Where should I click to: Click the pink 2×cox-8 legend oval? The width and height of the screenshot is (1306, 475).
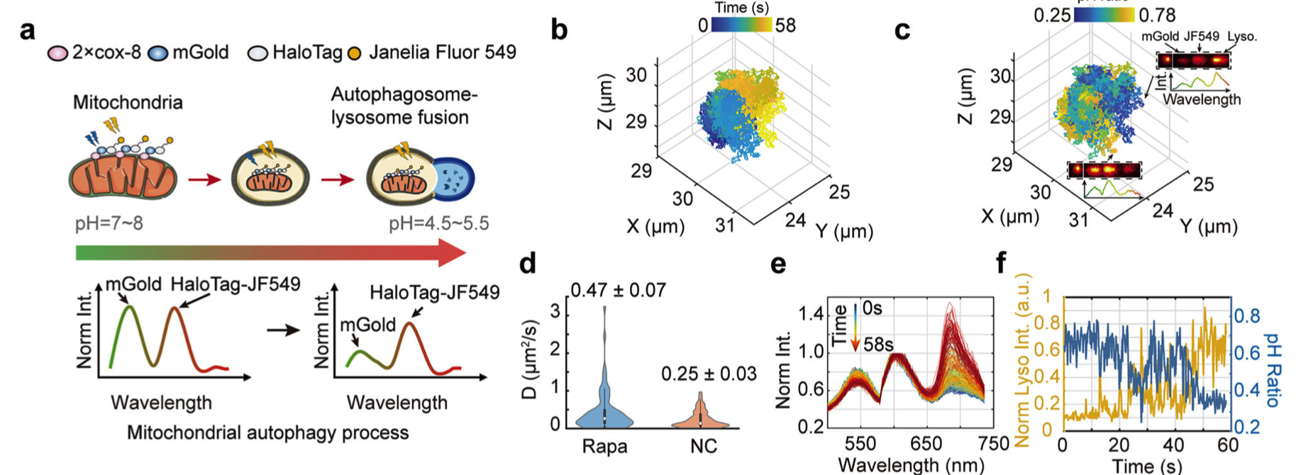pos(57,53)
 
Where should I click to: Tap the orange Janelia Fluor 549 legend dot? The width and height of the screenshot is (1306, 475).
pos(354,53)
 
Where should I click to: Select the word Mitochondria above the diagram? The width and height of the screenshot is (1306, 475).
pos(128,103)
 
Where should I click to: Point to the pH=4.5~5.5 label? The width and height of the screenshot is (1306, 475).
pos(438,224)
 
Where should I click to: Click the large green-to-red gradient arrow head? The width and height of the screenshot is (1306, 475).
pos(451,253)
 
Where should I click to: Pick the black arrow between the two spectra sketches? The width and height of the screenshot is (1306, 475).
pos(287,330)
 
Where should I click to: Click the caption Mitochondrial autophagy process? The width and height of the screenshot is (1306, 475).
pos(267,432)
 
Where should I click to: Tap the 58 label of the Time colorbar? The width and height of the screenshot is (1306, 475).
pos(785,26)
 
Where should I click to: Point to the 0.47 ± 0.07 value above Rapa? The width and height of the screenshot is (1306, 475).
pos(618,290)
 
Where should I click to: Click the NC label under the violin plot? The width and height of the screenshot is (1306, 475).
pos(703,446)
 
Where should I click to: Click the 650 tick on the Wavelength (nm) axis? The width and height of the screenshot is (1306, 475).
pos(926,444)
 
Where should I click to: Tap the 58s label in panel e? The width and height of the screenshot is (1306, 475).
pos(878,345)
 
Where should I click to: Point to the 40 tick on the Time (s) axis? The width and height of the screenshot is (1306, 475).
pos(1173,445)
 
